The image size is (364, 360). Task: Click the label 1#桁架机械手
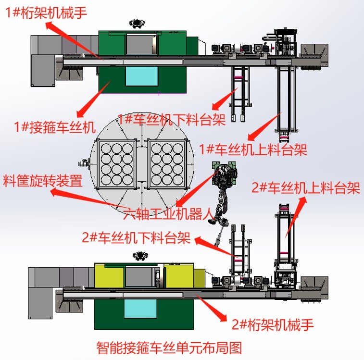pyautogui.click(x=46, y=12)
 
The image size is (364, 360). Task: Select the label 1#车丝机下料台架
pyautogui.click(x=172, y=119)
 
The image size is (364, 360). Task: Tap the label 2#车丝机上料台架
pyautogui.click(x=306, y=188)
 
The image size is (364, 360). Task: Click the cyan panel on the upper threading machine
pyautogui.click(x=141, y=76)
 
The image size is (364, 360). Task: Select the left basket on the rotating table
pyautogui.click(x=117, y=163)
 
